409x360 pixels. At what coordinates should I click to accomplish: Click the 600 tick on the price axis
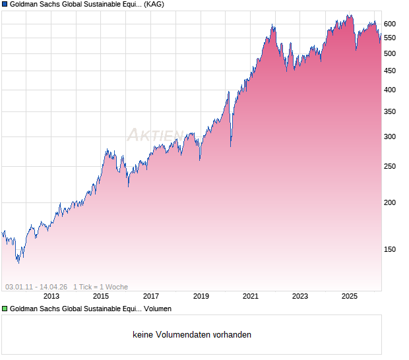pos(390,24)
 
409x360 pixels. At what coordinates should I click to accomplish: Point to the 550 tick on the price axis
pos(390,38)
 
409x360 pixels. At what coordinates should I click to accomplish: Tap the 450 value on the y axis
pos(390,71)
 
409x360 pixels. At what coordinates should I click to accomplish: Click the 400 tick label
pos(390,90)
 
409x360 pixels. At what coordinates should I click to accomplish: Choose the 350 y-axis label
pos(390,112)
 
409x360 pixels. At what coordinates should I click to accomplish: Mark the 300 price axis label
pos(390,137)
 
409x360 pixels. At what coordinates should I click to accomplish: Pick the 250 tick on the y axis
pos(390,166)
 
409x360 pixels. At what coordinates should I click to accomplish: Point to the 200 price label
pos(390,202)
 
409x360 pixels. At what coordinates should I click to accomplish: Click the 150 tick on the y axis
pos(390,249)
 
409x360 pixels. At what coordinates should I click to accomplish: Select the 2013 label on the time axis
pos(52,297)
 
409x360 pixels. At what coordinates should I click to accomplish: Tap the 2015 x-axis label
pos(101,297)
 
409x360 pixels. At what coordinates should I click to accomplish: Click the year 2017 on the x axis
pos(151,297)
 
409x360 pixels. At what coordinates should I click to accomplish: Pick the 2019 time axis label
pos(201,297)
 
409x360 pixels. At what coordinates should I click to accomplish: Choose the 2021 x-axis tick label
pos(251,297)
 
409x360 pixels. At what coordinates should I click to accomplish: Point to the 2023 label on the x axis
pos(300,297)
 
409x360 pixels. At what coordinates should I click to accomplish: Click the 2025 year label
pos(350,297)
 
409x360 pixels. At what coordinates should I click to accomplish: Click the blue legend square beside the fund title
pos(5,4)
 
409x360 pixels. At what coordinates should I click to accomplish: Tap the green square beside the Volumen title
pos(5,309)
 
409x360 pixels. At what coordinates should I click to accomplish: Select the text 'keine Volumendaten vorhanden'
pos(192,335)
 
